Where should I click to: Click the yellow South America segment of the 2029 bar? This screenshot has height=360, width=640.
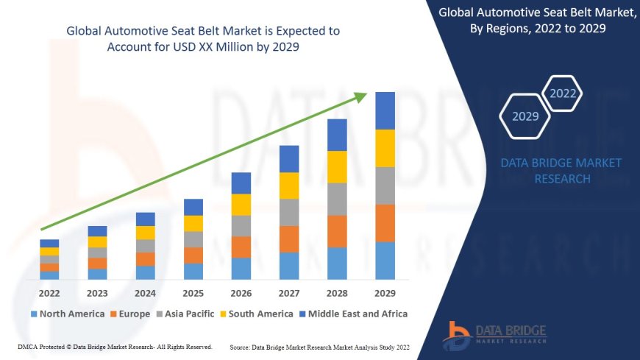tap(385, 148)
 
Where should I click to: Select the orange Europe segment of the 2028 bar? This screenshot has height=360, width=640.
tap(337, 231)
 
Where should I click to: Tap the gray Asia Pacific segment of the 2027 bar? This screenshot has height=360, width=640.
tap(289, 212)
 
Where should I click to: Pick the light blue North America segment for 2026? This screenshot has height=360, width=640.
tap(241, 269)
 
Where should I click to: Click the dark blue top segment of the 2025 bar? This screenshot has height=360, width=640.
tap(193, 207)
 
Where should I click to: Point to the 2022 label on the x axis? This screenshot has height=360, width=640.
tap(49, 292)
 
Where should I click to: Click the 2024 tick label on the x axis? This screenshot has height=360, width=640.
tap(146, 292)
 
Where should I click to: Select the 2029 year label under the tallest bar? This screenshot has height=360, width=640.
tap(385, 292)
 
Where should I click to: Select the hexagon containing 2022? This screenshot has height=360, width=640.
tap(563, 93)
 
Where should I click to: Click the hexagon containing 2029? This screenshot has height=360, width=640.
tap(525, 116)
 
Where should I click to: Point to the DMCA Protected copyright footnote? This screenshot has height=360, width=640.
tap(115, 346)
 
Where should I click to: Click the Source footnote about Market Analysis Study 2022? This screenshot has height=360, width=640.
tap(319, 347)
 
